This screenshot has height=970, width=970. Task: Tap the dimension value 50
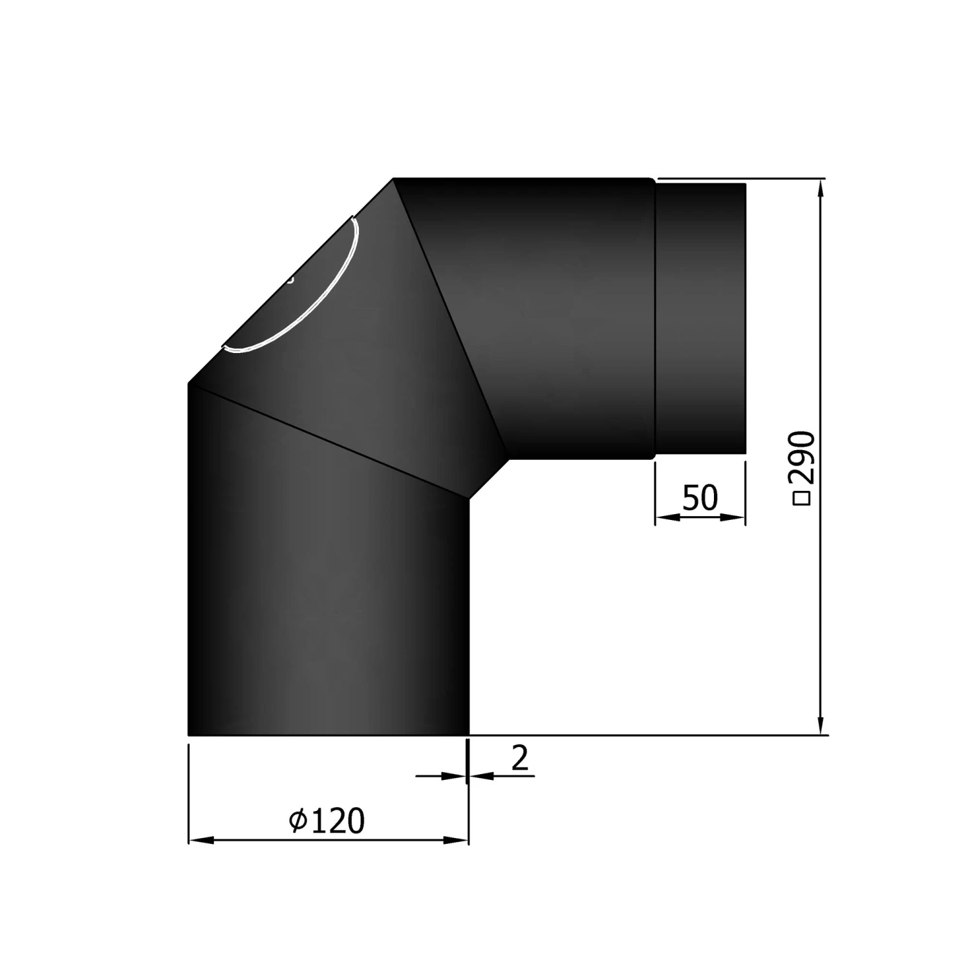(700, 498)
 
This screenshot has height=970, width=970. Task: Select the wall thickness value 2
(520, 759)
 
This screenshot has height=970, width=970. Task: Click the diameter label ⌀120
(327, 821)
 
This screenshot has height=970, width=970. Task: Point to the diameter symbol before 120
(297, 821)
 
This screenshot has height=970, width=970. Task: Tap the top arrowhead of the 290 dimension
(821, 188)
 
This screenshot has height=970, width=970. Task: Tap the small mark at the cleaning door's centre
(291, 281)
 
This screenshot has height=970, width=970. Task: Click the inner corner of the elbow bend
(488, 479)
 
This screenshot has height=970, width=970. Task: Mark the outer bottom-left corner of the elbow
(188, 735)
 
